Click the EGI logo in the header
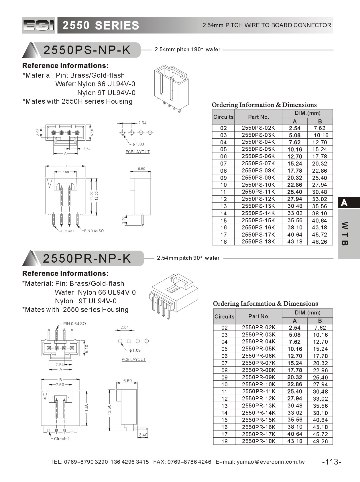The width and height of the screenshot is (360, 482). pos(38,25)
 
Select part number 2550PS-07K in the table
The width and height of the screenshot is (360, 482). pos(258,163)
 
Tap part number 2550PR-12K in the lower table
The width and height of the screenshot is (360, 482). pos(258,398)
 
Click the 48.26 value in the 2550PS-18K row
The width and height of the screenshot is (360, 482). pos(320,242)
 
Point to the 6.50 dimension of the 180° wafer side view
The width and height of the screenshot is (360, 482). pos(141,169)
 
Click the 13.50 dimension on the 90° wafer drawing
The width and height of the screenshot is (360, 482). pos(109,410)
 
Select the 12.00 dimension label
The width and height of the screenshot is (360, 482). pos(97,196)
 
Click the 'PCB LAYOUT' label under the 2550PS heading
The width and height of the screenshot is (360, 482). pos(137,152)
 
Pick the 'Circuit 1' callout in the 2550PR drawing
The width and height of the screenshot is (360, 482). pos(62,439)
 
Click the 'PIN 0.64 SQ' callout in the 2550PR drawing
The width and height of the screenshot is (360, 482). pos(74,324)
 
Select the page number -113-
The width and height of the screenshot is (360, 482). pos(332,462)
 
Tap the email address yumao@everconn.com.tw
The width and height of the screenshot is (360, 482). pos(271,462)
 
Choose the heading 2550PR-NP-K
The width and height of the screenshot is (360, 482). pos(87,258)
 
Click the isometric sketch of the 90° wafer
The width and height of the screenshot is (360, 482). pos(174,296)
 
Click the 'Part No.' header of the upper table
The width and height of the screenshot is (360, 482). pos(258,117)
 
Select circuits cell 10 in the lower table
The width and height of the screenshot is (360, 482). pos(224,384)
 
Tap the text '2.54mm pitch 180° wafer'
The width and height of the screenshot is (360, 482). pos(187,50)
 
